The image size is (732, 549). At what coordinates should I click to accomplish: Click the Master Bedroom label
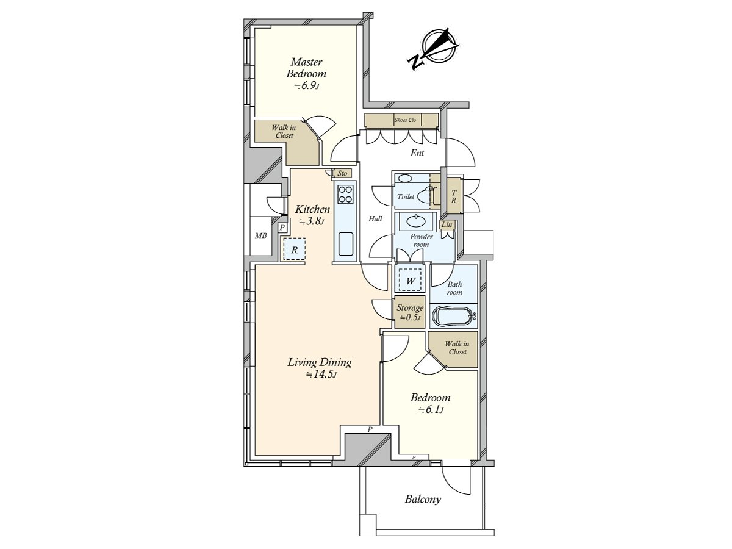pos(306,73)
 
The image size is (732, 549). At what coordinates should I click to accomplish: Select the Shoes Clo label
pos(405,120)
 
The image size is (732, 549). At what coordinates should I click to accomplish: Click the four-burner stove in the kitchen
pos(345,195)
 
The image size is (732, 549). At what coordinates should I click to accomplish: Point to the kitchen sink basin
pos(345,243)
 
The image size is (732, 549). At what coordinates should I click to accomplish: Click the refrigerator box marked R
pos(294,249)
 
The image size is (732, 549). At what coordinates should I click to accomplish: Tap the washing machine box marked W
pos(410,281)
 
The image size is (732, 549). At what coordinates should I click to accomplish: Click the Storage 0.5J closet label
pos(410,312)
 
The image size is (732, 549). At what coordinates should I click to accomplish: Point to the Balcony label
pos(423,500)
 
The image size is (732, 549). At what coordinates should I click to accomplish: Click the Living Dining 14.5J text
pos(320,367)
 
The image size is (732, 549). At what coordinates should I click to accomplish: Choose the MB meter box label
pos(261,235)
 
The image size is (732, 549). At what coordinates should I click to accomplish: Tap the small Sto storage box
pos(342,173)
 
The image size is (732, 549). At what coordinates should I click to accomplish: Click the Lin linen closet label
pos(447,224)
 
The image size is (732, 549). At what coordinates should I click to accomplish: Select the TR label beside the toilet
pos(454,196)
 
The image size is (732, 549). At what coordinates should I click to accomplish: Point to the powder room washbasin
pos(415,221)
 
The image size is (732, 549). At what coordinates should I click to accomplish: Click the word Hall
pos(375,218)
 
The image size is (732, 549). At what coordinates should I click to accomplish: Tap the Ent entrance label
pos(417,153)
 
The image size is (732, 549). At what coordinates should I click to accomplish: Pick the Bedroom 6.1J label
pos(430,403)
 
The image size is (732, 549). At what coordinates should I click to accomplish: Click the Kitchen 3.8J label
pos(312,215)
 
